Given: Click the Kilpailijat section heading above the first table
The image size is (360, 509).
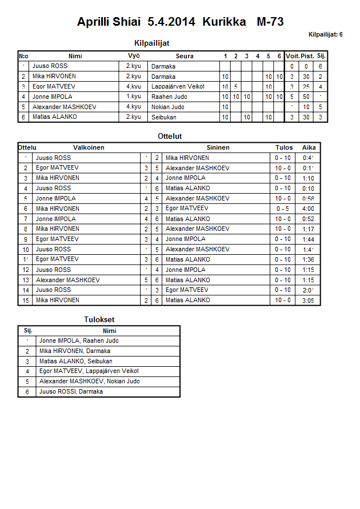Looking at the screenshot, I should point(151,43).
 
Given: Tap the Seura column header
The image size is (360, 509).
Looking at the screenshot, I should point(185,56).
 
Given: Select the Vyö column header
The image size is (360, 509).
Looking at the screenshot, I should point(134,56).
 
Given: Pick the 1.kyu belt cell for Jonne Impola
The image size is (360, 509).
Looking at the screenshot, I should point(134,97).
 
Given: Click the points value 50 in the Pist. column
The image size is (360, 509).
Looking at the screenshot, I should point(306,97).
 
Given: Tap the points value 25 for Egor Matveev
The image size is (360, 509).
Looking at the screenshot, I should point(306,87).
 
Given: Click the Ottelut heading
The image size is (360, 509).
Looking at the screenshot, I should point(170,137).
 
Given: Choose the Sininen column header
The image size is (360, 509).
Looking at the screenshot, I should point(218,147).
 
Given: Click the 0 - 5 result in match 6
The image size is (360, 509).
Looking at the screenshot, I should point(283,209).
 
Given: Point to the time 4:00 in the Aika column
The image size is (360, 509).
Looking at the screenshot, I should point(309,209).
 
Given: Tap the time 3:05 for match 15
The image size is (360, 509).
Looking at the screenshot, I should point(309,300).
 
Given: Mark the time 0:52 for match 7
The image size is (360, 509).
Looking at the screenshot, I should point(309,219).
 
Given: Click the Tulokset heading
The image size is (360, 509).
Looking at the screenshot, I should point(95,319).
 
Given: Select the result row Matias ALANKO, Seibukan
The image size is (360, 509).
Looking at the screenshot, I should point(76,362).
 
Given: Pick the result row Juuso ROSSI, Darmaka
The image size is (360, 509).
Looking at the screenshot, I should point(71,392).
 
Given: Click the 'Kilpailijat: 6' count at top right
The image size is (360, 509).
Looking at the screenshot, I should point(325,35).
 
